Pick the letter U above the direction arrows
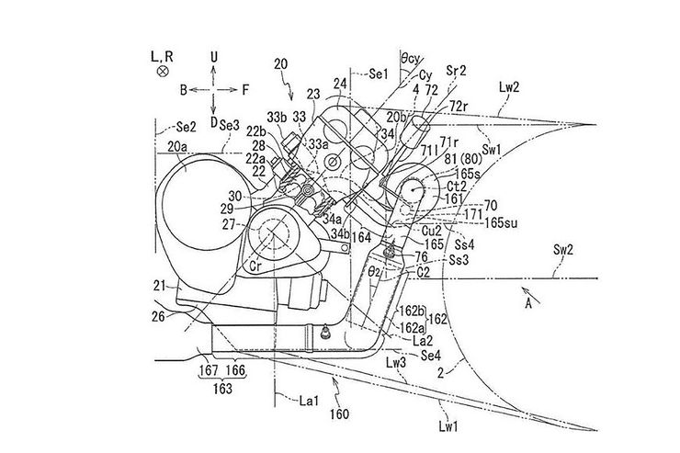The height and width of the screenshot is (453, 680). click(213, 56)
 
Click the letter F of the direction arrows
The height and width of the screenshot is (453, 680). click(246, 90)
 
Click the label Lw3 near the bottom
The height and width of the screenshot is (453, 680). click(396, 364)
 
